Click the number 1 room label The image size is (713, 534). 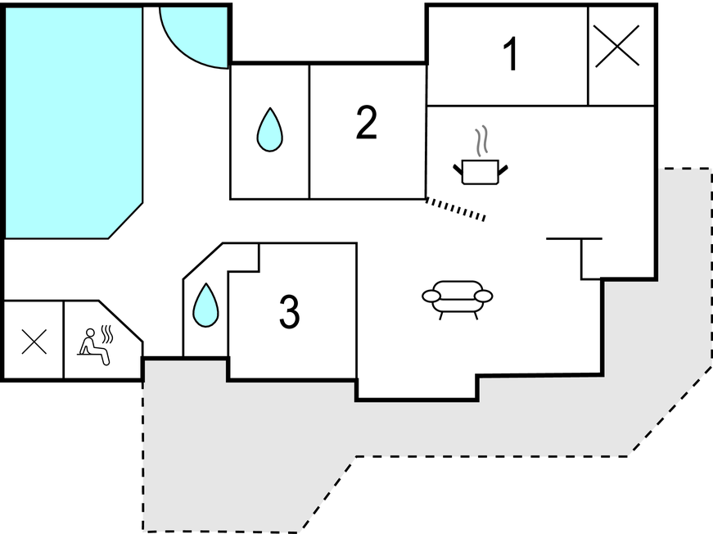point(511,55)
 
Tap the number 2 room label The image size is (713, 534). point(366,123)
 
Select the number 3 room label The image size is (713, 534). point(289,311)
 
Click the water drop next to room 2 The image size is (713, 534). point(269,130)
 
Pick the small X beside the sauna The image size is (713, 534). point(34,341)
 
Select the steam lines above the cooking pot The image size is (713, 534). point(485,141)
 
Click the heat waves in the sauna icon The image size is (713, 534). point(106,333)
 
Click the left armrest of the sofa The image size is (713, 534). point(431,296)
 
